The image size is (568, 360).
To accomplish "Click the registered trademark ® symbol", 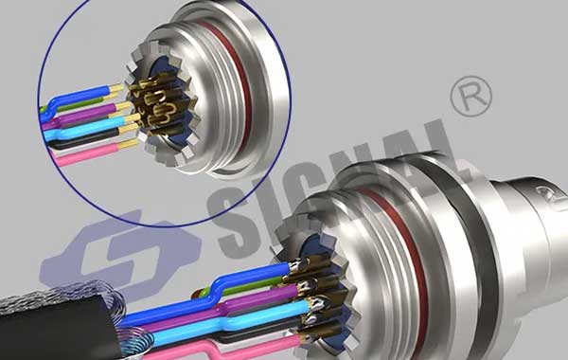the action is point(470,96).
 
